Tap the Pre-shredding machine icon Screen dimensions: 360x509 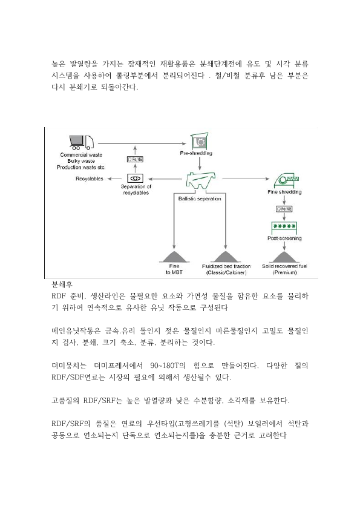click(x=199, y=141)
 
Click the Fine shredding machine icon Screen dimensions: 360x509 click(x=286, y=181)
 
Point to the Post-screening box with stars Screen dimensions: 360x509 click(x=284, y=228)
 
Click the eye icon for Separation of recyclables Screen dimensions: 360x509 click(x=135, y=179)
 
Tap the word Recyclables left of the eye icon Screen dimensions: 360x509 click(x=90, y=179)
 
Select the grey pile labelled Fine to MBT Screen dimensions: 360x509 click(x=174, y=257)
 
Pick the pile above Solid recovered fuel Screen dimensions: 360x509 click(x=284, y=257)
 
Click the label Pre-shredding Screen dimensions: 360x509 click(x=196, y=153)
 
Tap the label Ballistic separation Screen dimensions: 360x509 click(x=200, y=199)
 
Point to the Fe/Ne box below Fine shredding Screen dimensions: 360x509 click(x=284, y=209)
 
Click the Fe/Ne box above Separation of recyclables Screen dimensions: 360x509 click(x=135, y=159)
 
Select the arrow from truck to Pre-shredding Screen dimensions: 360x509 click(x=142, y=143)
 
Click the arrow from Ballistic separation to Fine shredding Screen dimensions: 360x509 click(x=246, y=179)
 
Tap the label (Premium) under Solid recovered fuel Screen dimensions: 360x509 click(x=285, y=272)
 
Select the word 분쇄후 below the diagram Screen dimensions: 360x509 click(x=62, y=284)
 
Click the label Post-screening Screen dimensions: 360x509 click(x=284, y=238)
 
